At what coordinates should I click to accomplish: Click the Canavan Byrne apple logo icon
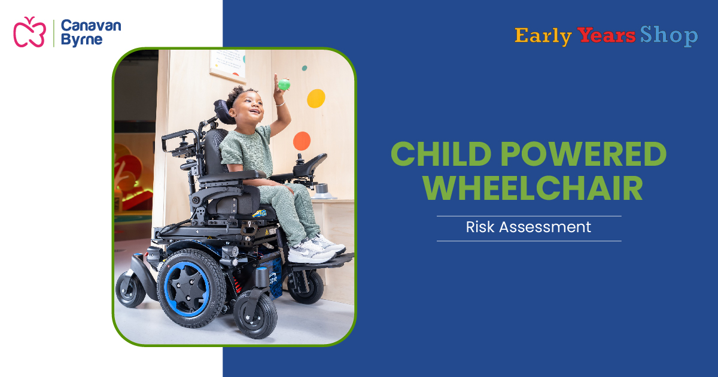29,32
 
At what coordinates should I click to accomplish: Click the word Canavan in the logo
91,26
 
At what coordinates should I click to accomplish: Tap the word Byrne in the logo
81,40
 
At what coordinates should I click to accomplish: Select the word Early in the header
543,36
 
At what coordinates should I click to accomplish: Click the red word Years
606,36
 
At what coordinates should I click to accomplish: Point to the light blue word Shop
668,36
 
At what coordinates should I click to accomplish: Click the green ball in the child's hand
284,85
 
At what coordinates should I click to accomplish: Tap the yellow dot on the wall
316,98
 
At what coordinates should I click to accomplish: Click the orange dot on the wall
302,141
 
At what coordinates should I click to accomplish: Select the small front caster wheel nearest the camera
255,314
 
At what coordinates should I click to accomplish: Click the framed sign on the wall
227,63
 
